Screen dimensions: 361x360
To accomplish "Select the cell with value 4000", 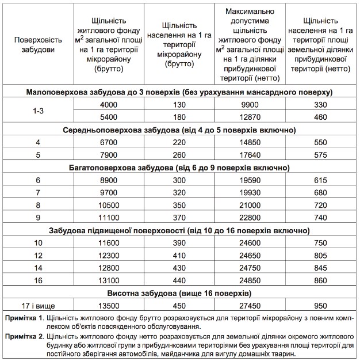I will [109, 104].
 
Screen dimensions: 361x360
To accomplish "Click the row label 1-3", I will [38, 111].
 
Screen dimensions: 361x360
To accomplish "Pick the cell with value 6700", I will [109, 142].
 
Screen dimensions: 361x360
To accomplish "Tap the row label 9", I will [38, 217].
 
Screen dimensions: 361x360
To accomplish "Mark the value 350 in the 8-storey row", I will [179, 205].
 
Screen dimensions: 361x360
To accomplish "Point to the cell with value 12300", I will [109, 255].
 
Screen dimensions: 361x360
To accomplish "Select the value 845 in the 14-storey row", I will [321, 268].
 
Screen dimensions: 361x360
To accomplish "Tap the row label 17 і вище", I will [38, 306].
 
